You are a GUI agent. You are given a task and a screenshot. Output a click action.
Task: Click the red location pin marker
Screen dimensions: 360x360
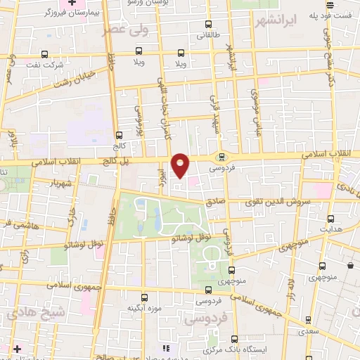[181, 165]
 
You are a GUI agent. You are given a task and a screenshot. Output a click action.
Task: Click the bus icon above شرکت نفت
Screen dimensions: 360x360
[45, 54]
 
